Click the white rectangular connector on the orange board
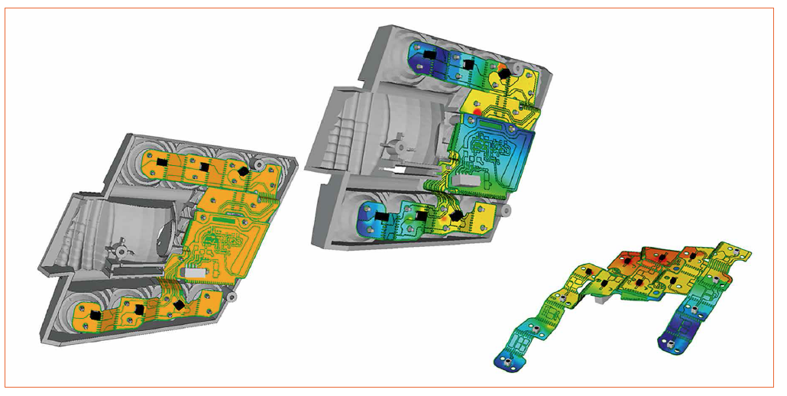click(x=193, y=271)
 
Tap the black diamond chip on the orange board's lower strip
click(x=180, y=305)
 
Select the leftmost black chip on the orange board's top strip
click(x=162, y=163)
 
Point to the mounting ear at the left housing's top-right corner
click(x=262, y=164)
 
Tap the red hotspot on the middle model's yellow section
click(x=477, y=113)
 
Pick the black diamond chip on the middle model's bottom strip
click(x=456, y=217)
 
